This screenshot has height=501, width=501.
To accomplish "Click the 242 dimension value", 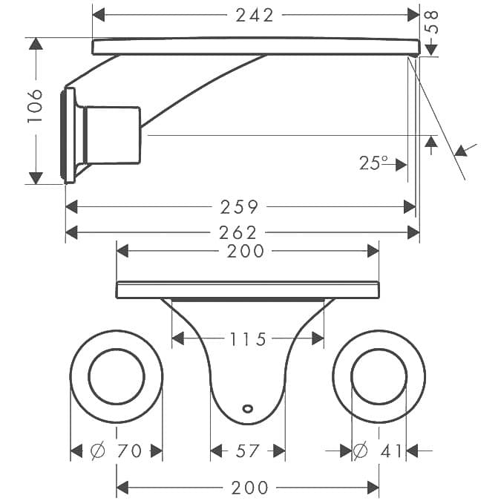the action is click(255, 16).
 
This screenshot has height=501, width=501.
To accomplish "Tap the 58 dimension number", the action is click(431, 22).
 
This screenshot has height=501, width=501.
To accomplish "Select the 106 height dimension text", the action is click(35, 106).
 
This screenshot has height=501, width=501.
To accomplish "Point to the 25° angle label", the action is click(374, 163).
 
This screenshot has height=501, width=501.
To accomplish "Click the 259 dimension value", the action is click(239, 207).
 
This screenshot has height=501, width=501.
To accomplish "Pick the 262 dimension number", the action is click(238, 232).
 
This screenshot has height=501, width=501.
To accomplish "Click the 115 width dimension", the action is click(248, 339).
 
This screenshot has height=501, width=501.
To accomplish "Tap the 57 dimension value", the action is click(247, 451).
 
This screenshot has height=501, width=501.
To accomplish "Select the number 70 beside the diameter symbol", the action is click(129, 451).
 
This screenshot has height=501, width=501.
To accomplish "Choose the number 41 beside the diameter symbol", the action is click(391, 451).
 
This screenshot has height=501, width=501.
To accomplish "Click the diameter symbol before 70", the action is click(97, 451).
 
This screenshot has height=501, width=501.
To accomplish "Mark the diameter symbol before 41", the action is click(361, 451).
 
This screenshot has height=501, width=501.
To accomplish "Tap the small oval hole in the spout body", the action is click(248, 408).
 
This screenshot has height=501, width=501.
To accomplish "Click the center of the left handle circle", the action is click(117, 376).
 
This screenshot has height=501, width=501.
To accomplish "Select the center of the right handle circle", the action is click(379, 376).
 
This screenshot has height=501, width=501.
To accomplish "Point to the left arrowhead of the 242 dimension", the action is click(99, 15).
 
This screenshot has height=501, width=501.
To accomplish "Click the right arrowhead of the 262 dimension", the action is click(413, 232).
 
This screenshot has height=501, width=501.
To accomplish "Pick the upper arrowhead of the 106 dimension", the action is click(36, 44).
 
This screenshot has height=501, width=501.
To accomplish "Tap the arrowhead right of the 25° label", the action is click(401, 165).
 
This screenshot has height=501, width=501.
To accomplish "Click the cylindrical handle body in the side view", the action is click(112, 135).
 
